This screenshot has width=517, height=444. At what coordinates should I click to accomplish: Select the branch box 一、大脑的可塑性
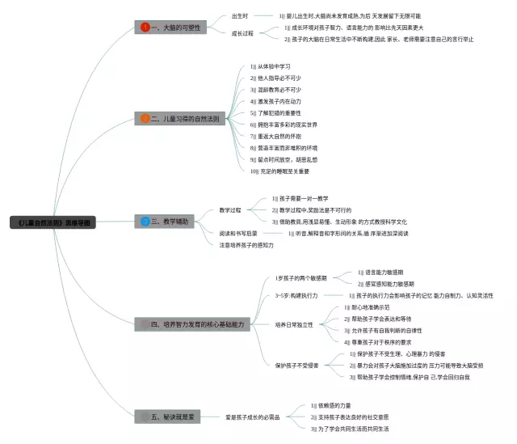coord(171,27)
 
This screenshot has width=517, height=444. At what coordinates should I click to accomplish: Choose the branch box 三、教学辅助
coord(166,221)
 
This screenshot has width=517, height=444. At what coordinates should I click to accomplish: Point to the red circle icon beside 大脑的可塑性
coord(145,27)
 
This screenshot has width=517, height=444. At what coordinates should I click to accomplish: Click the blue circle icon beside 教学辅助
coord(145,221)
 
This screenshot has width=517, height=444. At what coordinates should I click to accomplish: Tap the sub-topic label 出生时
coord(240,15)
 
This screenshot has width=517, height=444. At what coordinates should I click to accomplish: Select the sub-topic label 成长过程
coord(242,33)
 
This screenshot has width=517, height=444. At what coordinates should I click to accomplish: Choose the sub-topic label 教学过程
coord(230,209)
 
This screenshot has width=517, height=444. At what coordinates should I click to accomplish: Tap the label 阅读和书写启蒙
coord(238,233)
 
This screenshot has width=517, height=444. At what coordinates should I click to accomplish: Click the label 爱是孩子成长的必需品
coord(253,417)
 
